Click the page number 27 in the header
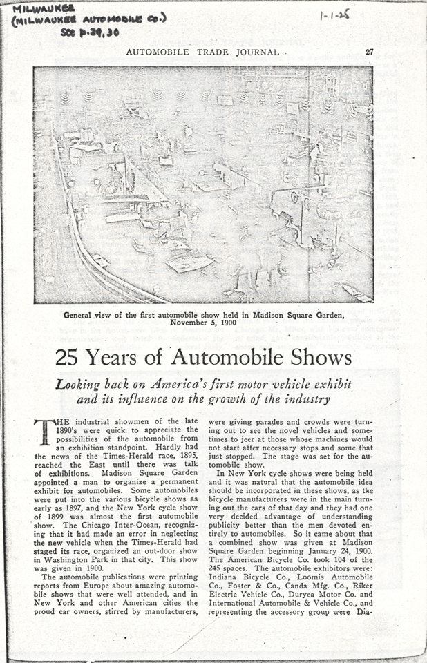point(370,51)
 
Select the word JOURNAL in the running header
point(256,52)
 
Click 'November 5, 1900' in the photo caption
point(203,323)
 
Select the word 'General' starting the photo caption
point(82,315)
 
